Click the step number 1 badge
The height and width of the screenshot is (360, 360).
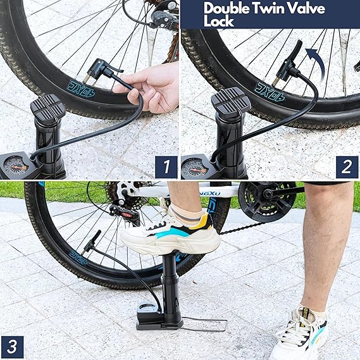pyautogui.click(x=166, y=167)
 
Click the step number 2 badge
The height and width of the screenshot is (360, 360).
pyautogui.click(x=346, y=167)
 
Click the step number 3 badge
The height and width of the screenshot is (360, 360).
pyautogui.click(x=12, y=347)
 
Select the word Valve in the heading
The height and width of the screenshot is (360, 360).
pyautogui.click(x=304, y=8)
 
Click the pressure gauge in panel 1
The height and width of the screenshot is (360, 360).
pyautogui.click(x=13, y=166)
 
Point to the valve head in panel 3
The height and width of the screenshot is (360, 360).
pyautogui.click(x=92, y=241)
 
